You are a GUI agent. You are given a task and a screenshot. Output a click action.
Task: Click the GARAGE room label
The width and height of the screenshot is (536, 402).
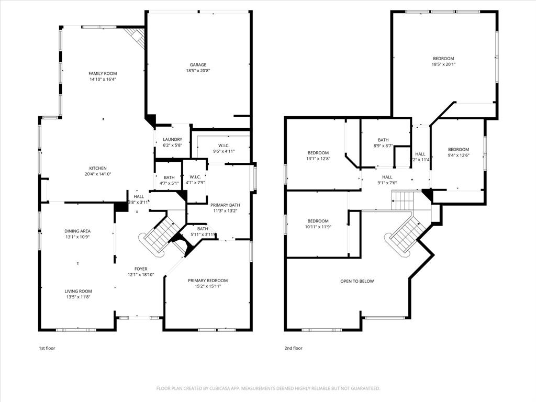pos(198,65)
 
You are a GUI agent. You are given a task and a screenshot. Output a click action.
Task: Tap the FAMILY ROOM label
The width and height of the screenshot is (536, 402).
pos(103,74)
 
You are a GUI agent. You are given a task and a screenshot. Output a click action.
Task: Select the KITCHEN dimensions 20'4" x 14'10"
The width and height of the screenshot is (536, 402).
pos(97,174)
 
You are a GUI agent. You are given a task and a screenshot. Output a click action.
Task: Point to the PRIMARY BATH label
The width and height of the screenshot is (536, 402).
pos(225,205)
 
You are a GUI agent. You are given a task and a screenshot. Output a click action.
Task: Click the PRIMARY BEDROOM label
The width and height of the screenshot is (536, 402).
pos(208,281)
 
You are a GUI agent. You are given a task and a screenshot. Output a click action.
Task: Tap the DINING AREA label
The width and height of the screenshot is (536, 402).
pos(77,231)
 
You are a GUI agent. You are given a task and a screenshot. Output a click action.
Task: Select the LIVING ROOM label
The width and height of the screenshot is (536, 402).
pos(79,291)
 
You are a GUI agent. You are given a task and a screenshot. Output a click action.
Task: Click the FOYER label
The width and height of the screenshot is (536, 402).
pos(141,269)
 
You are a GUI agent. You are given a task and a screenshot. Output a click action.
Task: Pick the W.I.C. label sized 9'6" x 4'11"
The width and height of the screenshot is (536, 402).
pos(224,146)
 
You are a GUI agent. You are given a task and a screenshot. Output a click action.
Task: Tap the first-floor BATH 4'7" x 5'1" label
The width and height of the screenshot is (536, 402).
pos(169,177)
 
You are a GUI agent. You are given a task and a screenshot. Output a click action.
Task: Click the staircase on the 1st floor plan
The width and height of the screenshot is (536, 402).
pos(159,233)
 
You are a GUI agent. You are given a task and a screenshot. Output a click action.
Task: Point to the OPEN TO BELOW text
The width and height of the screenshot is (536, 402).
pos(357,281)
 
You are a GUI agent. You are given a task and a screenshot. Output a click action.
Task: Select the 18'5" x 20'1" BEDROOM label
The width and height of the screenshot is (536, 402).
pos(443,59)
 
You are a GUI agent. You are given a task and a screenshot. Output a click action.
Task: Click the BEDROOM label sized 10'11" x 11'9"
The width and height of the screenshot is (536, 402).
pos(318,221)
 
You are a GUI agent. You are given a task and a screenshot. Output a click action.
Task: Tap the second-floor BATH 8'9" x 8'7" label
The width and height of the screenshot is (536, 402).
pos(383,140)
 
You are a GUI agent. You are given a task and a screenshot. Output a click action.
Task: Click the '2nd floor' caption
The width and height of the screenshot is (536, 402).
pos(294,348)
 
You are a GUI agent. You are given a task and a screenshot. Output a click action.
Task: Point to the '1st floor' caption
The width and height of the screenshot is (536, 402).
pos(47,348)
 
